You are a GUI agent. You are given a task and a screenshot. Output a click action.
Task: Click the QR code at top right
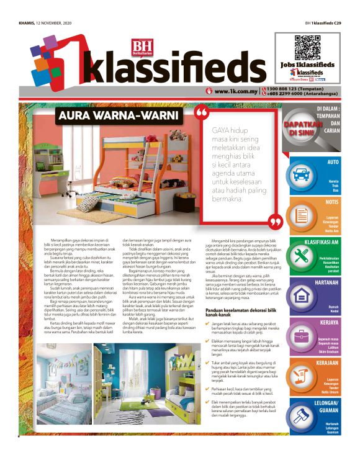coord(304,48)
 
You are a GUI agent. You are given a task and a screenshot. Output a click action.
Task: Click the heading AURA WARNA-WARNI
coord(117,116)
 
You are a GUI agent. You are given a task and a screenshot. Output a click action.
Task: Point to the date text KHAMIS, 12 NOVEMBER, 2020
coord(42,24)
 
